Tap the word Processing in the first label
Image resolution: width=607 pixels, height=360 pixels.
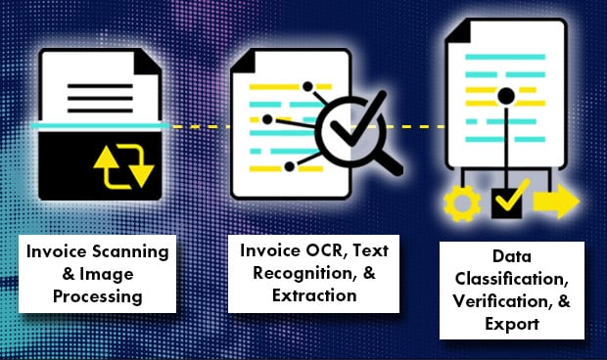[98, 294]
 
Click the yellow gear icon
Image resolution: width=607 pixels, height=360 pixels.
[458, 203]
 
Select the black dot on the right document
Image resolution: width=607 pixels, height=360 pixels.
[505, 96]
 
